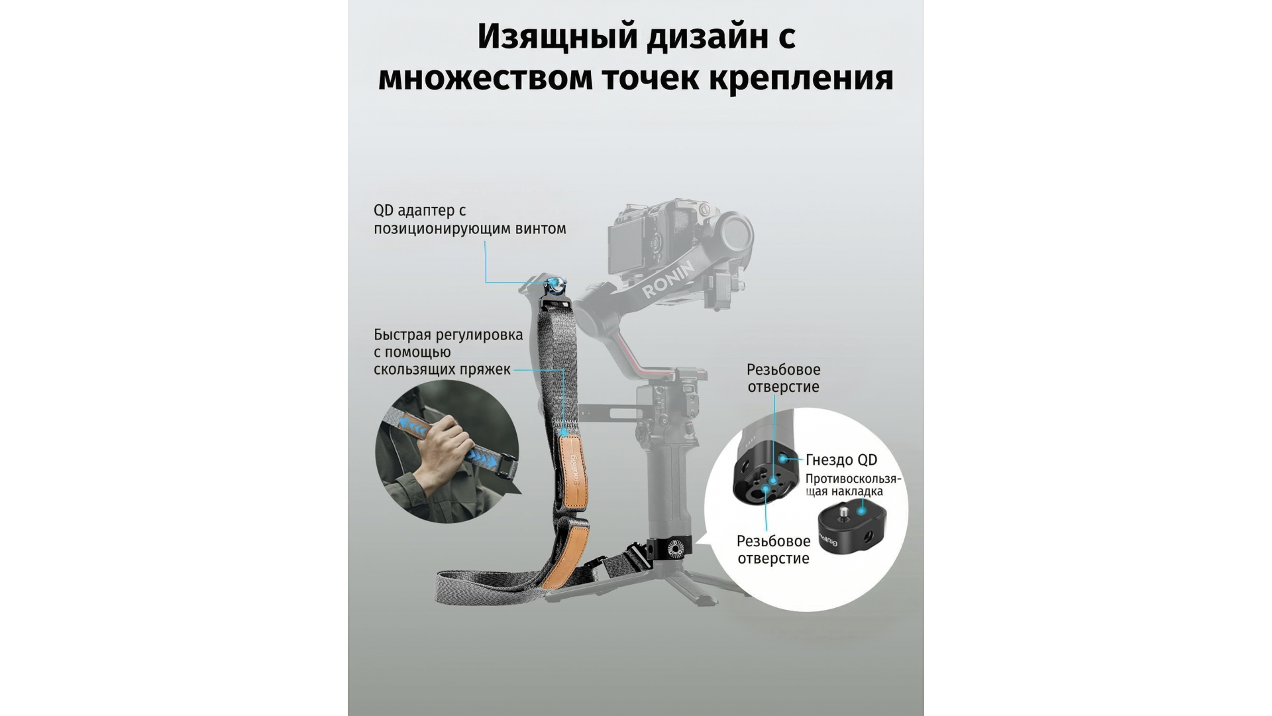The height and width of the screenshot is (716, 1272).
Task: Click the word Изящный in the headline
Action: [x=558, y=37]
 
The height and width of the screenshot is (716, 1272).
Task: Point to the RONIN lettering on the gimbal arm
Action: [x=668, y=279]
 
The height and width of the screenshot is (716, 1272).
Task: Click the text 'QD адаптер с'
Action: [x=419, y=211]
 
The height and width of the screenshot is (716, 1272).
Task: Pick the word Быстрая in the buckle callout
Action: [x=405, y=335]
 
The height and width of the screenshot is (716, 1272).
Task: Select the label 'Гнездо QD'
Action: [x=841, y=460]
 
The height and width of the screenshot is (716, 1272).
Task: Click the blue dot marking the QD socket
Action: [x=784, y=458]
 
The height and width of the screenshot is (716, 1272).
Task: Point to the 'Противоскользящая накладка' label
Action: [x=853, y=485]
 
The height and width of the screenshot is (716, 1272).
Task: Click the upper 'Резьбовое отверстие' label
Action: [x=783, y=378]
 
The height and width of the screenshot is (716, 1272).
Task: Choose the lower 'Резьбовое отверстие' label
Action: [x=773, y=550]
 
